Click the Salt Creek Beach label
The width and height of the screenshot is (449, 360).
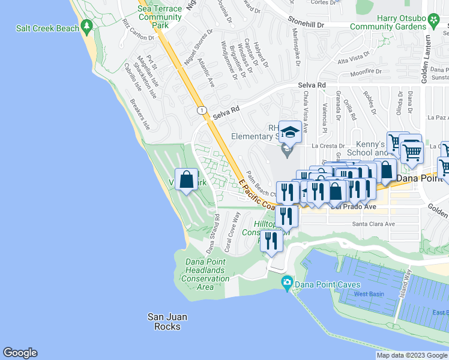[48, 28]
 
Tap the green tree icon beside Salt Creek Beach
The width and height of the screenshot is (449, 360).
[88, 27]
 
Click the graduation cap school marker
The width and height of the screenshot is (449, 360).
[290, 131]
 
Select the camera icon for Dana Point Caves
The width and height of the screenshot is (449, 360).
[288, 282]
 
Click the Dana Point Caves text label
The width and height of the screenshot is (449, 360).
[328, 284]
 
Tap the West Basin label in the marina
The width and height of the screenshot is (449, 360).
[368, 293]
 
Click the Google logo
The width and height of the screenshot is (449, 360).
[20, 353]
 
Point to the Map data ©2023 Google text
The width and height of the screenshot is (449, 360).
[412, 355]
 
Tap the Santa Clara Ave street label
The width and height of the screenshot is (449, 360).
[373, 224]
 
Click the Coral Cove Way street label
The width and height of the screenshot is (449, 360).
[232, 231]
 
